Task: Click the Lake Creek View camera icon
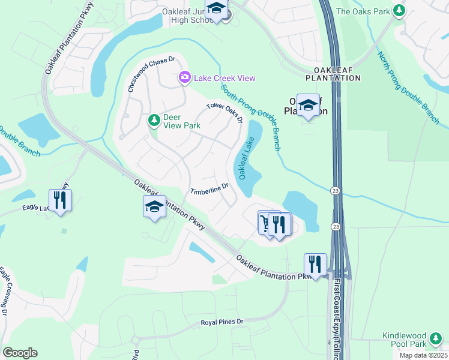(184, 78)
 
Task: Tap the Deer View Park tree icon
(154, 121)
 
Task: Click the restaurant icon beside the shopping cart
(279, 224)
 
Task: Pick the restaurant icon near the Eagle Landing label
(60, 200)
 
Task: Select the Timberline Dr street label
(209, 190)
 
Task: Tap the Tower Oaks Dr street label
(224, 112)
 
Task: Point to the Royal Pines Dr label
(222, 323)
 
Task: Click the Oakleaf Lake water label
(247, 158)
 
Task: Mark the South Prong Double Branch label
(250, 117)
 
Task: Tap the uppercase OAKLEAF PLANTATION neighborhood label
(333, 74)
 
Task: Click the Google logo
(20, 353)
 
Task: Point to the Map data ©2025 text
(423, 355)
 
